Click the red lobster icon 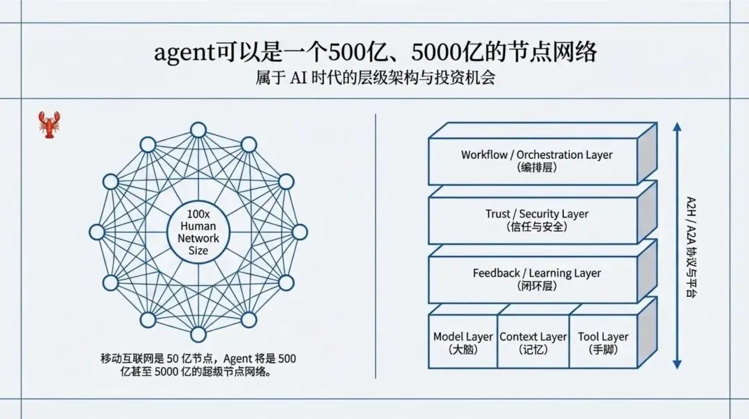[48, 125]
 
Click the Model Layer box [463, 343]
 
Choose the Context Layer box [533, 343]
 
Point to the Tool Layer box [603, 343]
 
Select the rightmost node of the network [300, 232]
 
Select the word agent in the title [182, 53]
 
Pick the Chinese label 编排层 [537, 168]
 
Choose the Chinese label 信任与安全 [537, 227]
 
